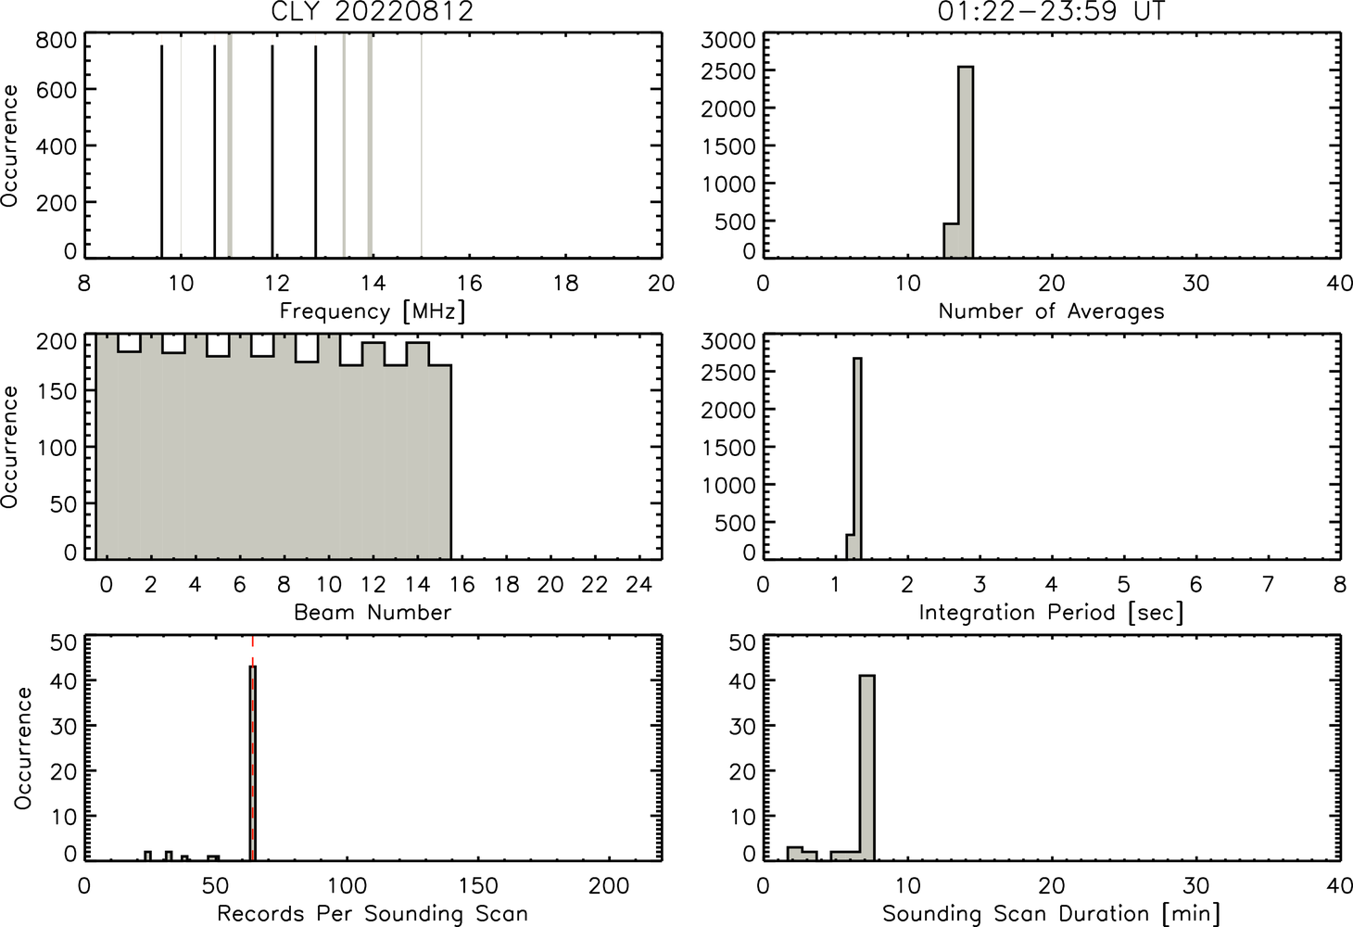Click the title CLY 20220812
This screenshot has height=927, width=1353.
373,11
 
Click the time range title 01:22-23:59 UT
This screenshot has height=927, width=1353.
1051,11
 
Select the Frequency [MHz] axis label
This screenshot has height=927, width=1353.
373,311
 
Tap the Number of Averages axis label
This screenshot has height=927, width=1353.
1051,311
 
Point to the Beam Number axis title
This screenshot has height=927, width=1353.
373,613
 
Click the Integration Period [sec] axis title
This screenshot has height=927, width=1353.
1051,613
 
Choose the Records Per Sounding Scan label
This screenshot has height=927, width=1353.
373,914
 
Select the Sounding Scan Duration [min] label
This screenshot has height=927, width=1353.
1051,914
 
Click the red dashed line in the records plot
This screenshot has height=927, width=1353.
252,747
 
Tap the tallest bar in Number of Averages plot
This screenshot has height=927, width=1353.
966,162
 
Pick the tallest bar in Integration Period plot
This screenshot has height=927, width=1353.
857,458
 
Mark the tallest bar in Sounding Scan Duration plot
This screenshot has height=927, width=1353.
867,768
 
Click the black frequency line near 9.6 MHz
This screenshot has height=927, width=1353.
162,151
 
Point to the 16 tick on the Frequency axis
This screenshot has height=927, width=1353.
469,283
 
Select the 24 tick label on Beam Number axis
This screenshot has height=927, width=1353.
639,584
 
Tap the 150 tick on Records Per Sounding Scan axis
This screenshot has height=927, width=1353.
478,886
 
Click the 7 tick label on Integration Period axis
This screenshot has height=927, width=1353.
1268,584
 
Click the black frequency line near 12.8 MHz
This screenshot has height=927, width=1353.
315,151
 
